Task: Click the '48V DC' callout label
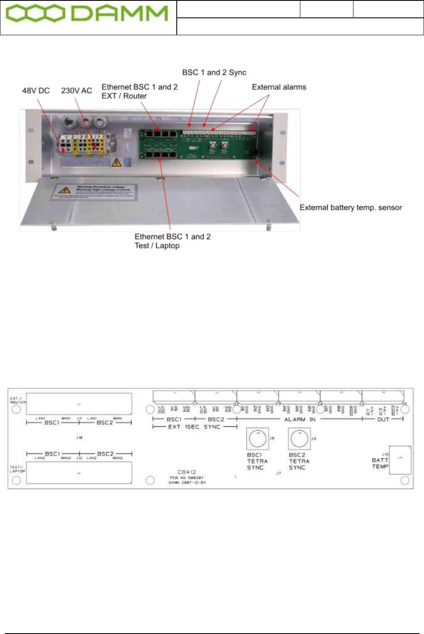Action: coord(36,91)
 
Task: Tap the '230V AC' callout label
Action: coord(76,91)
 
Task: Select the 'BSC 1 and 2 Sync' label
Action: coord(214,73)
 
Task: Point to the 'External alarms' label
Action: coord(279,87)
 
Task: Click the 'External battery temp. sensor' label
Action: coord(351,208)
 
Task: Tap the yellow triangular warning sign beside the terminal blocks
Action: coord(117,162)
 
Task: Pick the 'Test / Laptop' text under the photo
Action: coord(157,246)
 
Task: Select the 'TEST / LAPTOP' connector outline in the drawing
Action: coord(79,473)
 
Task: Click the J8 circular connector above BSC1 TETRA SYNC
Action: coord(258,438)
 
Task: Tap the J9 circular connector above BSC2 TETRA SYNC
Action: coord(299,438)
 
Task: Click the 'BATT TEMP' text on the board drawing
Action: coord(380,463)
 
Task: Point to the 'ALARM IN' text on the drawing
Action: coord(300,419)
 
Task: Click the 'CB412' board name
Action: coord(187,472)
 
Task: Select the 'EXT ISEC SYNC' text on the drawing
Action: coord(194,427)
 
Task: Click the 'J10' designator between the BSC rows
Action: coord(79,438)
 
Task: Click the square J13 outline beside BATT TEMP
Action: coord(400,460)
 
